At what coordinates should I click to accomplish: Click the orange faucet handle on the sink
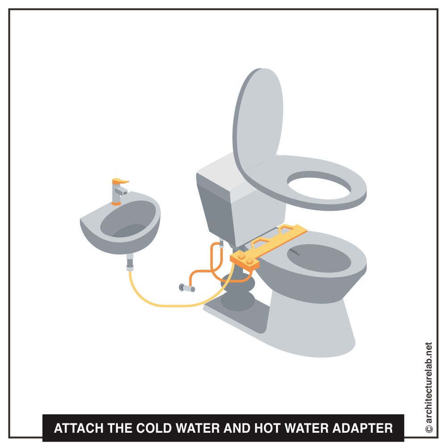[120, 181]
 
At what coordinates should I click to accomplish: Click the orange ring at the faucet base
[116, 203]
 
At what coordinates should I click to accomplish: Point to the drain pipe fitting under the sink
[130, 264]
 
